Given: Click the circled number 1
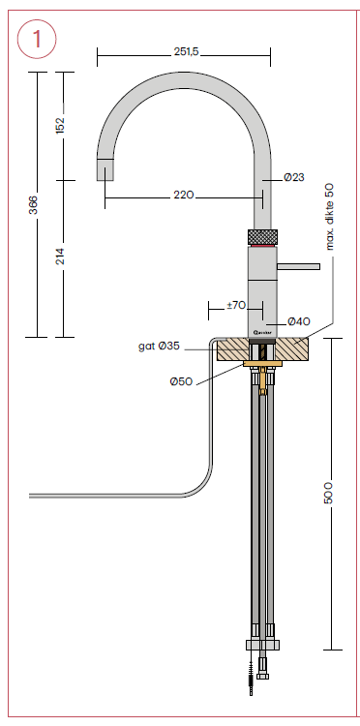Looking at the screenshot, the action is click(37, 40).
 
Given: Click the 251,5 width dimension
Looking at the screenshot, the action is click(187, 52).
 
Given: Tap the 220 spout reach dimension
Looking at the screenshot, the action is click(184, 196).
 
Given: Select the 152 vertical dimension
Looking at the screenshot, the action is click(60, 126).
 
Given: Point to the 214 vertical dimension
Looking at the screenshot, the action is click(60, 257).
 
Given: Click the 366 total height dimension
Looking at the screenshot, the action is click(33, 204).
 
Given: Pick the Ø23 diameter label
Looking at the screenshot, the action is click(294, 177).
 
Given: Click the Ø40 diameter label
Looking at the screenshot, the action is click(298, 321).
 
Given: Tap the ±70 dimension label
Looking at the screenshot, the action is click(236, 306).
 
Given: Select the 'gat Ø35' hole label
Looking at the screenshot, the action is click(159, 346).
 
